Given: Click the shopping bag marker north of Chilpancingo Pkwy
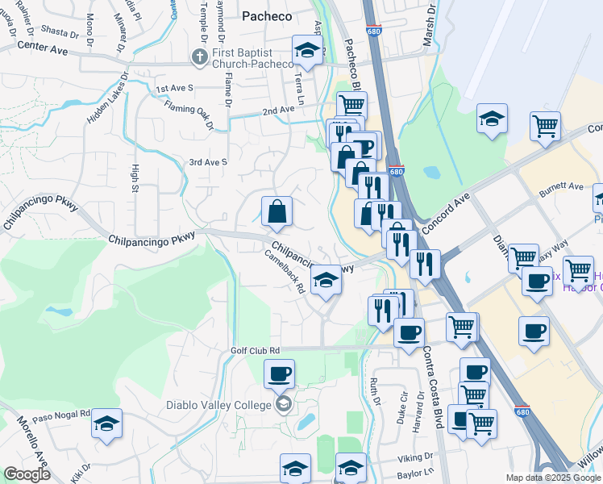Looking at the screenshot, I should point(277,212).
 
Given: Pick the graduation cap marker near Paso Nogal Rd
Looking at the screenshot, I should point(106,424).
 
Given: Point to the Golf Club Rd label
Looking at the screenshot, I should point(255,350).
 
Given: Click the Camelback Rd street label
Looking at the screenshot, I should point(285,270).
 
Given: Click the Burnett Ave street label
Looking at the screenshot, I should point(561,186).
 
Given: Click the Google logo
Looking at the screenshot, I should point(26,474).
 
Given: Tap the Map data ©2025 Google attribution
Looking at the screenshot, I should point(552,478).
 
